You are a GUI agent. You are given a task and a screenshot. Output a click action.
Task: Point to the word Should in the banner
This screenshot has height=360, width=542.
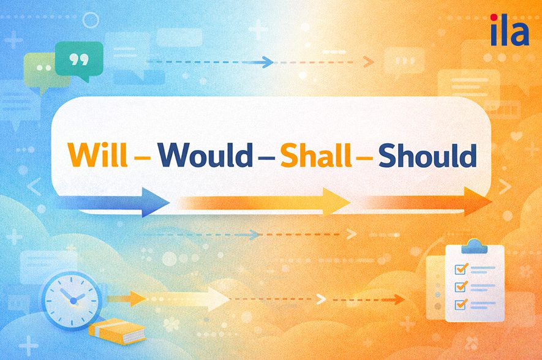427,156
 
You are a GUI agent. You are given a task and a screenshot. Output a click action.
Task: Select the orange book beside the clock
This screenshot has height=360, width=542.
117,331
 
